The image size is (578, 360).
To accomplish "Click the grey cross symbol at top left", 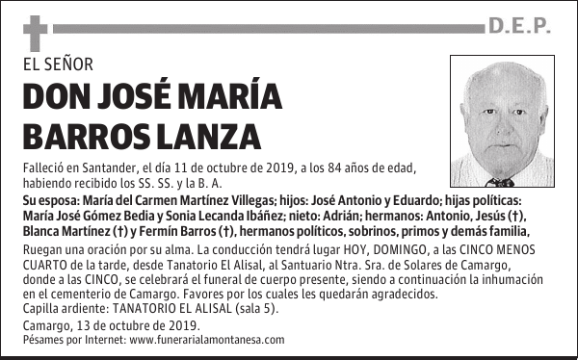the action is tap(35, 33).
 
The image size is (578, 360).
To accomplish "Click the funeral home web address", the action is tap(207, 340).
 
